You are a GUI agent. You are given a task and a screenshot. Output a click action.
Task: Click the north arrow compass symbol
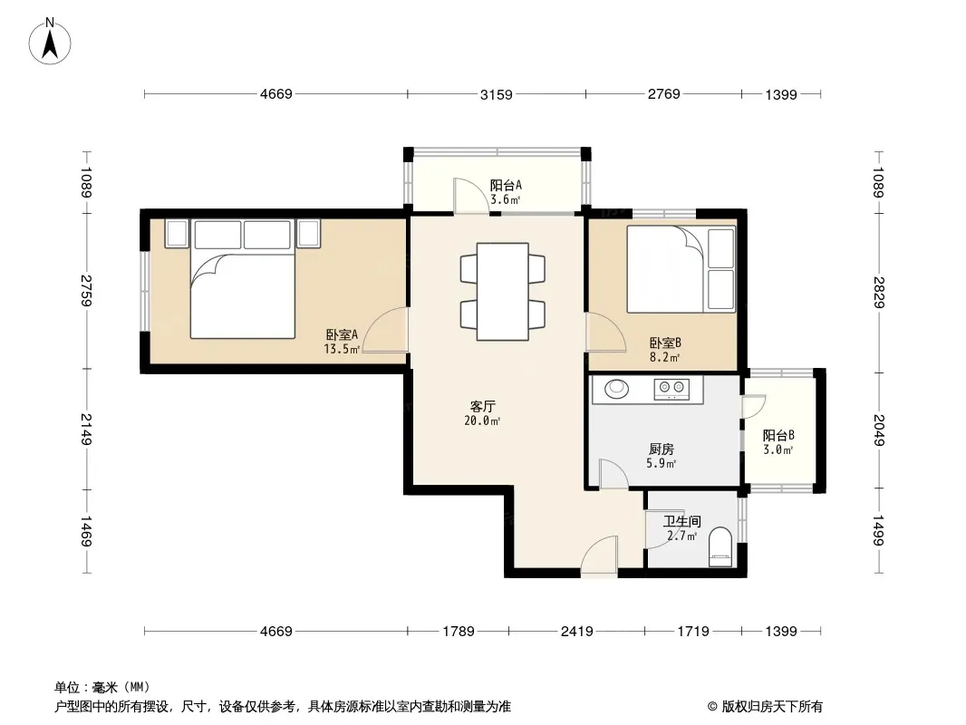(50, 42)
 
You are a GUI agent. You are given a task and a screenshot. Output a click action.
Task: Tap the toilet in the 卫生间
(720, 547)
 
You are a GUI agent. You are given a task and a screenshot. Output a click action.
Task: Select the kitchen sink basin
(616, 389)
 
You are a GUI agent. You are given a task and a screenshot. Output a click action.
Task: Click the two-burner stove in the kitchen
(671, 389)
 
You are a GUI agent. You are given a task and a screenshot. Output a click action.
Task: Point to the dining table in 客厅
(503, 291)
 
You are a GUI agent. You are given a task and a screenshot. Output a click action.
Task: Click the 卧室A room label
(342, 334)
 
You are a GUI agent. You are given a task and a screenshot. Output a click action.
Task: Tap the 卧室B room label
(665, 343)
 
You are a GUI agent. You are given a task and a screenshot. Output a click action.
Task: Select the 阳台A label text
(506, 185)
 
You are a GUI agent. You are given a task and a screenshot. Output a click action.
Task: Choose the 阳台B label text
(778, 435)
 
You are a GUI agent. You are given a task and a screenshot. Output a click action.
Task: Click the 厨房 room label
(662, 449)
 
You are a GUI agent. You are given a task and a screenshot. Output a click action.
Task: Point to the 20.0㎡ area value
(482, 420)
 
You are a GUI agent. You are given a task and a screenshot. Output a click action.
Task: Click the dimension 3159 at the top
(496, 94)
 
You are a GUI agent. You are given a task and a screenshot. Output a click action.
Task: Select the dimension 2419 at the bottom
(576, 631)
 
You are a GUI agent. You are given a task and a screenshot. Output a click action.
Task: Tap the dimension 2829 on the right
(879, 293)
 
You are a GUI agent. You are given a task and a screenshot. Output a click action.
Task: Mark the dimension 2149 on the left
(85, 430)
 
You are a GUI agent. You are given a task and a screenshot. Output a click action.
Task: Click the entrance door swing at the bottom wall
(599, 556)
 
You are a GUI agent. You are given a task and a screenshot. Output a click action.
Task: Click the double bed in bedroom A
(243, 279)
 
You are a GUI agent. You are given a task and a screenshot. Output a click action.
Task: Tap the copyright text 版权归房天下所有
(772, 707)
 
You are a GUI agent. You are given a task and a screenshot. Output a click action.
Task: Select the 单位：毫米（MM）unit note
(102, 687)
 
